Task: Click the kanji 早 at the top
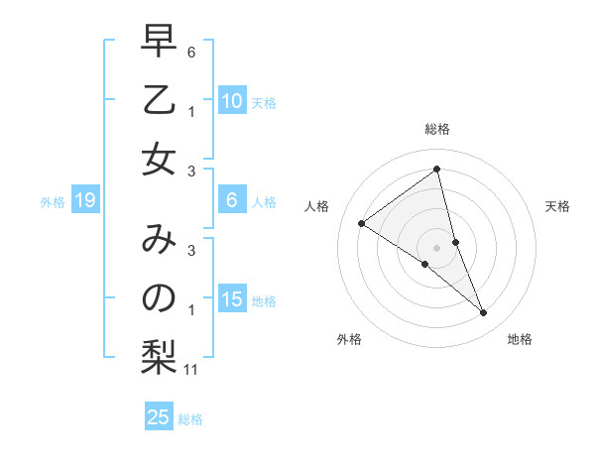158,44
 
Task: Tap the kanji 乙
158,101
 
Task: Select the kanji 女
158,159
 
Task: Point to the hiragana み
158,241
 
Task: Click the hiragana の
158,298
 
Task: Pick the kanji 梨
158,356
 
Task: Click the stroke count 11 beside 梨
192,371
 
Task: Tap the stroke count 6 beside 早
191,51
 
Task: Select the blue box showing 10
231,101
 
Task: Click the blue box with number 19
85,201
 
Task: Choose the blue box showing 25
158,417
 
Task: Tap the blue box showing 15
231,300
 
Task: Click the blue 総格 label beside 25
190,419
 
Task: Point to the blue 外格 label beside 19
53,202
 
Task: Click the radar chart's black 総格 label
436,129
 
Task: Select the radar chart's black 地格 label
520,339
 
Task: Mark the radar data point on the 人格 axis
361,223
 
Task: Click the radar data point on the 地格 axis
484,313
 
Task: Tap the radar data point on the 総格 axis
436,170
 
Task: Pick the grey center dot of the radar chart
436,248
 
